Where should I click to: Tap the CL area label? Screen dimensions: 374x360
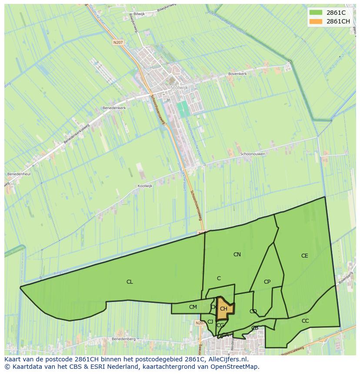[130, 282]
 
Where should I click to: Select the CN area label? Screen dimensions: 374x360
[237, 255]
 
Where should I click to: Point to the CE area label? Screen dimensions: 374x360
[304, 256]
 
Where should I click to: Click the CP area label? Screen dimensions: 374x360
[267, 282]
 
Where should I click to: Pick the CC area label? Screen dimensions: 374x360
[305, 321]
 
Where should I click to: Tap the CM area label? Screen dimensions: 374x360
[193, 307]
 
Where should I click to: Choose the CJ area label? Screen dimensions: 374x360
[210, 322]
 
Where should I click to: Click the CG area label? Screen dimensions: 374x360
[220, 325]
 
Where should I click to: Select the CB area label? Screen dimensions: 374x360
[255, 328]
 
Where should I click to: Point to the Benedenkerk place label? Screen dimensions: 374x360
[114, 107]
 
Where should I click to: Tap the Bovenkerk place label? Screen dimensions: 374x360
[237, 74]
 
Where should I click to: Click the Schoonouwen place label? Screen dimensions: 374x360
[253, 154]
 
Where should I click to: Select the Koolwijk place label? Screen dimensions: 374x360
[145, 186]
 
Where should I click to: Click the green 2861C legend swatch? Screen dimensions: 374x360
[316, 13]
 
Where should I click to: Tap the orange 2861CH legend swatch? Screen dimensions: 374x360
[316, 21]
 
